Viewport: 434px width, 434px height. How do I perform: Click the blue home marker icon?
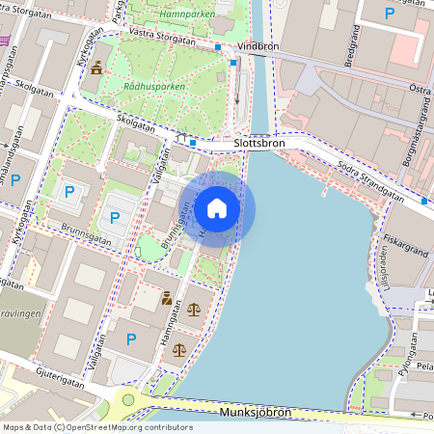coord(217,207)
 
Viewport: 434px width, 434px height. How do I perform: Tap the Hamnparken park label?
coord(187,15)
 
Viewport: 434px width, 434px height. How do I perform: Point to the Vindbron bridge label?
coord(258,45)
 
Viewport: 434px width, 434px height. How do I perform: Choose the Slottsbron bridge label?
coord(259,143)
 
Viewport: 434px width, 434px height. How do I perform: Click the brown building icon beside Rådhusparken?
coord(96,68)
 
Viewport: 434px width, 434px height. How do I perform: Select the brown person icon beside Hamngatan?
coord(167,298)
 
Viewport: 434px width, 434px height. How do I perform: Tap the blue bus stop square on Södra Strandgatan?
coord(425,202)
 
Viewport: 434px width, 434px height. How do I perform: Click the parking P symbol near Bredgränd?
coord(390,14)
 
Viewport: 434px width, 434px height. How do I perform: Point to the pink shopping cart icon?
coord(4,41)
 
